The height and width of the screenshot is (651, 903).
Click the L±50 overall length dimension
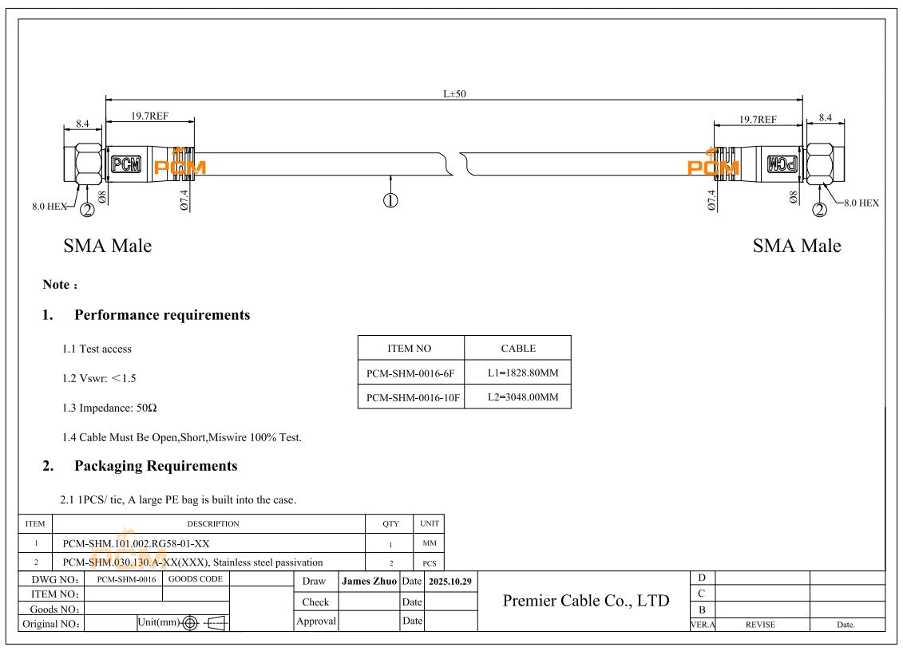[x=454, y=93]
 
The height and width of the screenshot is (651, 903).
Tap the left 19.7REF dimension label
[x=149, y=116]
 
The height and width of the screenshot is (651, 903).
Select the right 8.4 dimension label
[x=825, y=117]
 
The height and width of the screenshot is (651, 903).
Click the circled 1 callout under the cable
[x=390, y=200]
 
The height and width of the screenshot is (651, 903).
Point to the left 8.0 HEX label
[x=49, y=206]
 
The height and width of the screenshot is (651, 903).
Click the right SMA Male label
[x=796, y=246]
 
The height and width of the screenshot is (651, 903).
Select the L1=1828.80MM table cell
[x=517, y=373]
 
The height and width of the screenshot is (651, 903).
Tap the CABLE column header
[x=517, y=348]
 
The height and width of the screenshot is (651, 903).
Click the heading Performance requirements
[x=162, y=315]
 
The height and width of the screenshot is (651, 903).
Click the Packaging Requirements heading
[x=156, y=466]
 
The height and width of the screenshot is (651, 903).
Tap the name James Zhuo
[x=369, y=582]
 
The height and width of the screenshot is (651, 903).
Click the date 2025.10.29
[x=450, y=582]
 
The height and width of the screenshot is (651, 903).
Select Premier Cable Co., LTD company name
[x=585, y=601]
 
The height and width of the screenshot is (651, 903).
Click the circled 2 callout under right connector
[x=819, y=210]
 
